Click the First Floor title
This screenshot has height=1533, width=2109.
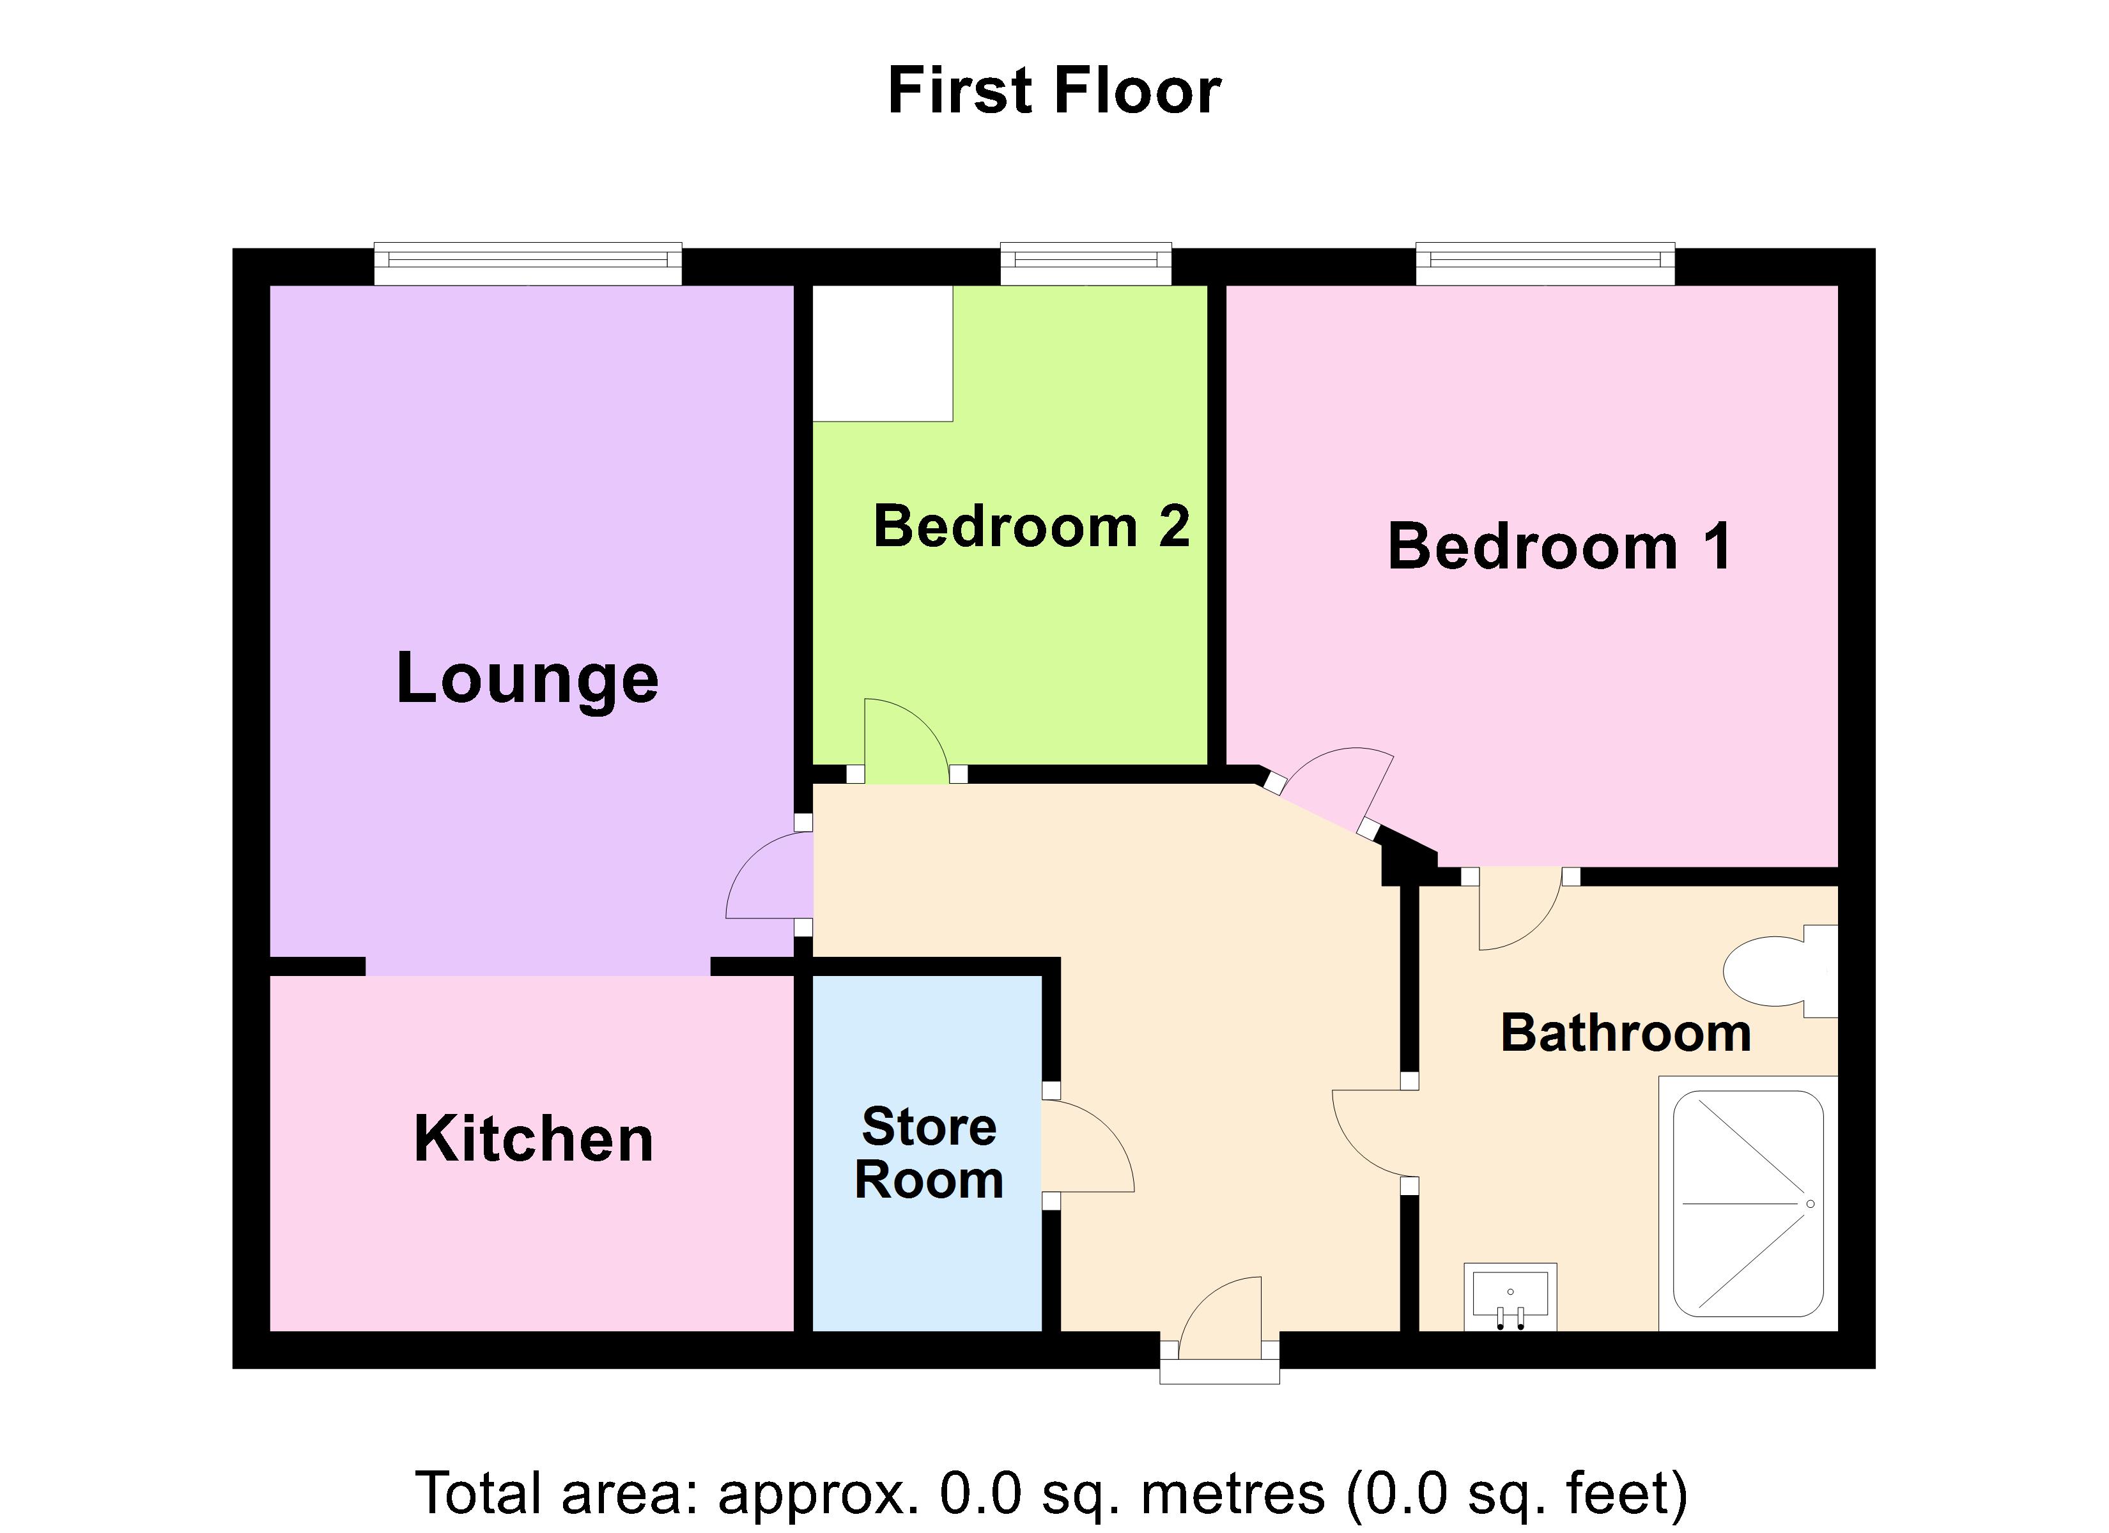click(x=1054, y=91)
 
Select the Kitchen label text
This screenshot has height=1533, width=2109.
click(x=533, y=1139)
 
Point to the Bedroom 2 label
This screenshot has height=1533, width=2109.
click(x=1031, y=526)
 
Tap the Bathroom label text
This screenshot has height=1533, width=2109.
click(x=1625, y=1033)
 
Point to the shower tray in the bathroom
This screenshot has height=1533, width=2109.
click(x=1747, y=1204)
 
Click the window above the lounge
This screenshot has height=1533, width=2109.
click(x=527, y=264)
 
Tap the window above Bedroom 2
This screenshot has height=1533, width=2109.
click(x=1085, y=264)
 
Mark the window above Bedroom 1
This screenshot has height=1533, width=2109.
click(x=1545, y=264)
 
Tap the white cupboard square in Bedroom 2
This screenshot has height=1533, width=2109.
click(x=883, y=353)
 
